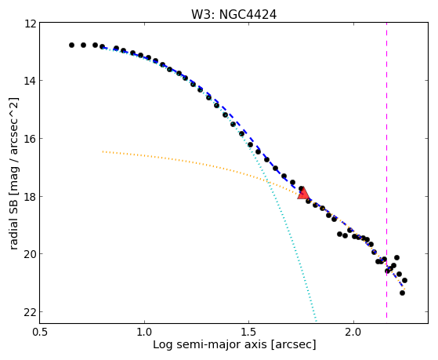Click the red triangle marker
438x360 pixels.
tap(303, 194)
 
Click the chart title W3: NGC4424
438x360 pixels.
tap(233, 15)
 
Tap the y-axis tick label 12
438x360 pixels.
tap(31, 24)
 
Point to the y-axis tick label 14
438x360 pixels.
tap(31, 81)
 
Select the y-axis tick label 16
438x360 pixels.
tap(31, 139)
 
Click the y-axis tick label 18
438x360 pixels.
tap(31, 197)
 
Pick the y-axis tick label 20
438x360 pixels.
tap(31, 255)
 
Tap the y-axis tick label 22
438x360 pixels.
tap(31, 312)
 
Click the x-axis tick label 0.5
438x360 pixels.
tap(40, 333)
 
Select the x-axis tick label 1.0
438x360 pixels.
tap(144, 333)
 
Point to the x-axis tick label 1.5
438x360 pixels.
tap(249, 333)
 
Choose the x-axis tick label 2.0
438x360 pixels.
tap(353, 333)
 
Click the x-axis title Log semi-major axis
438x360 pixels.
tap(210, 344)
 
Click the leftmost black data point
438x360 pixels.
tap(71, 45)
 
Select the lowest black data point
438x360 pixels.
tap(402, 293)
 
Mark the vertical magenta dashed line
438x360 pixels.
tap(386, 170)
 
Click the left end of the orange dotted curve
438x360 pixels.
tap(103, 151)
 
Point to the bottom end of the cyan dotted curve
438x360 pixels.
tap(316, 321)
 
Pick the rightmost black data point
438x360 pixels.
tap(404, 280)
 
